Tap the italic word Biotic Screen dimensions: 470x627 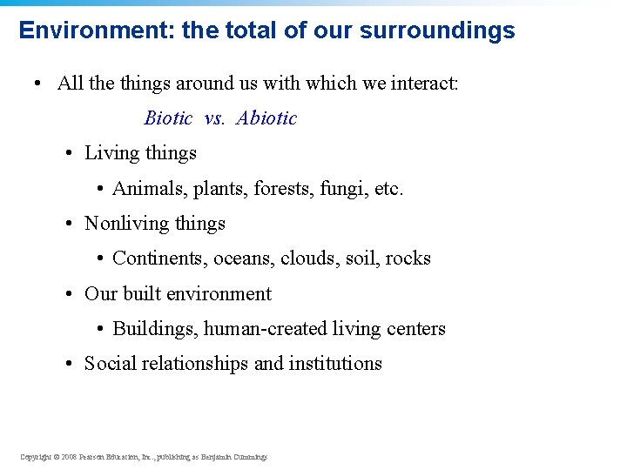[168, 118]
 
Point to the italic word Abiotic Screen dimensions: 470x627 [266, 118]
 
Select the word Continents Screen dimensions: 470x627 [154, 258]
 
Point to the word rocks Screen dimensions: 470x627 [408, 258]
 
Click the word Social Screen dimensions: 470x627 [106, 364]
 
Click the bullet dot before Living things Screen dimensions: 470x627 [68, 154]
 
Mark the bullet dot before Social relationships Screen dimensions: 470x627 [68, 365]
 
